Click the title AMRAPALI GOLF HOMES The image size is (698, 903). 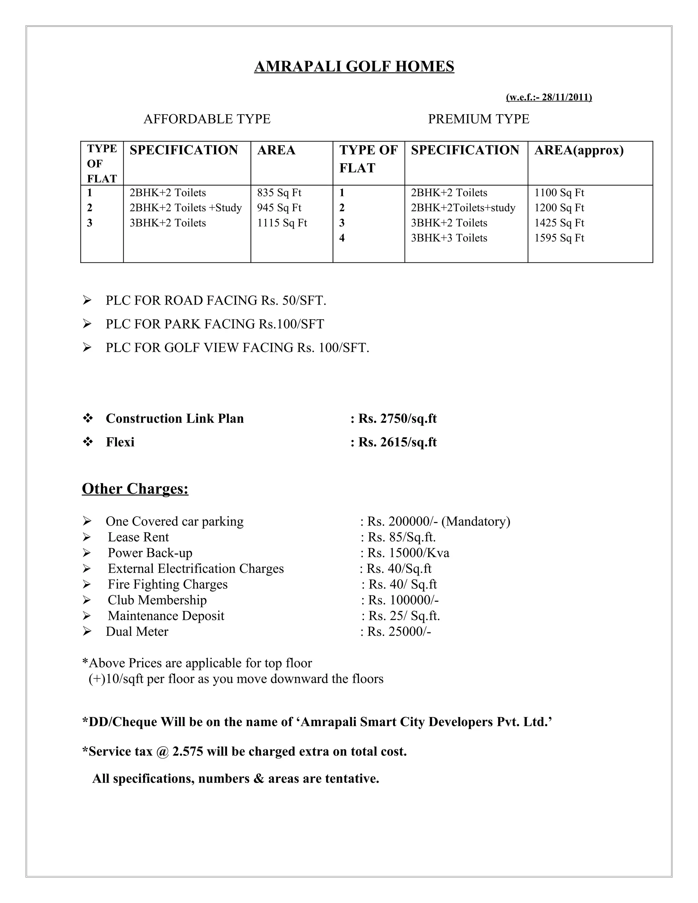(x=354, y=66)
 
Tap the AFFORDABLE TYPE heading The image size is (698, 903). (x=207, y=119)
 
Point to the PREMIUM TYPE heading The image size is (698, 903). (x=479, y=119)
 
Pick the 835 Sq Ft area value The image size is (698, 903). (x=279, y=193)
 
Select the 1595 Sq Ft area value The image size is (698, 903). (x=559, y=238)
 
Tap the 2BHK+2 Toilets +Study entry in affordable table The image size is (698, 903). (x=186, y=208)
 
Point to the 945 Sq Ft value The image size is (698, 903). (x=279, y=208)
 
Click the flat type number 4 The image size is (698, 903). (x=342, y=238)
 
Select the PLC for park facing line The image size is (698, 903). (x=215, y=324)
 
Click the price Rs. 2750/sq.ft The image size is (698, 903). (x=397, y=418)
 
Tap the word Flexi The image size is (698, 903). (x=120, y=442)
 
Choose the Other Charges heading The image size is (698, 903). (x=135, y=489)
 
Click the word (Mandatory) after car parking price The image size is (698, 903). (x=475, y=521)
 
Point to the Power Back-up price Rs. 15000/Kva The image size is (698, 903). (x=408, y=553)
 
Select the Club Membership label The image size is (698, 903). (x=157, y=600)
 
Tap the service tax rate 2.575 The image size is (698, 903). (x=188, y=751)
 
